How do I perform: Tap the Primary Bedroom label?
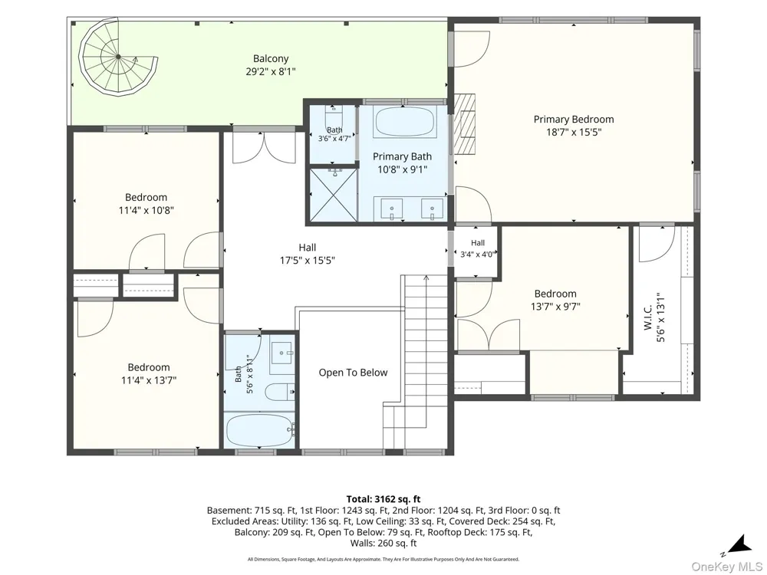tap(573, 120)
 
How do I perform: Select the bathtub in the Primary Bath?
tap(404, 123)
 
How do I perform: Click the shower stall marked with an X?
tap(331, 194)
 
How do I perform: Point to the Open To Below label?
tap(353, 373)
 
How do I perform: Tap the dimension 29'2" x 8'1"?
tap(271, 72)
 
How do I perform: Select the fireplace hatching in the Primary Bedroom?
tap(464, 123)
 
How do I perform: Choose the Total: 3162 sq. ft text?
tap(383, 499)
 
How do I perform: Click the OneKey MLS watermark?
tap(727, 567)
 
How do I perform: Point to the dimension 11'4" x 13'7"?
tap(149, 380)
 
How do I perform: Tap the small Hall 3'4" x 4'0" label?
tap(478, 248)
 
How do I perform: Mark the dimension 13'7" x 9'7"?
tap(555, 307)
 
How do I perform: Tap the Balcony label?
tap(271, 59)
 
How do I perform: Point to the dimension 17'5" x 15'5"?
tap(308, 261)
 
